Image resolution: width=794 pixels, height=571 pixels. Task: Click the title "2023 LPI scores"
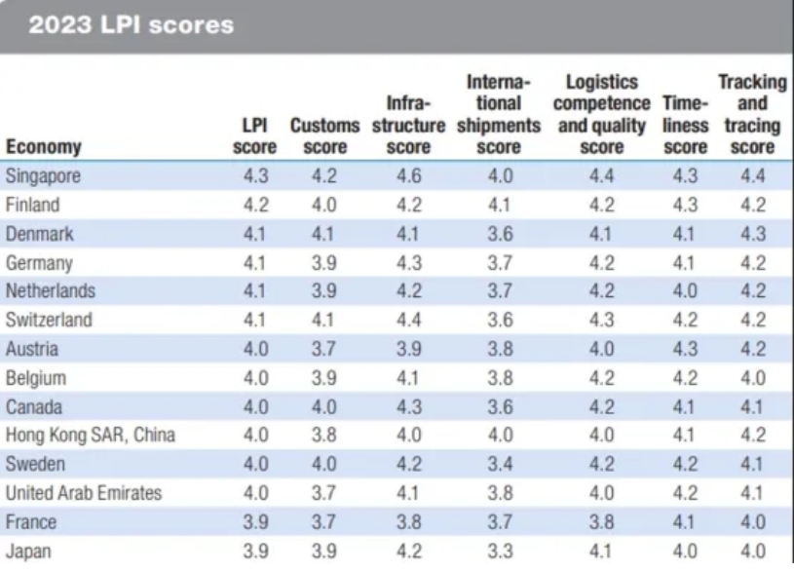point(132,25)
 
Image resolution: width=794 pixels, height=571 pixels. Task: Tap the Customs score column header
point(324,137)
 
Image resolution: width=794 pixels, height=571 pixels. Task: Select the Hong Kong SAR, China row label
point(90,436)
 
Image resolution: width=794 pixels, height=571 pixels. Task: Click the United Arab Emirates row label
point(83,493)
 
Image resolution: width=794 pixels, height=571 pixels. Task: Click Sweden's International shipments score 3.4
point(498,465)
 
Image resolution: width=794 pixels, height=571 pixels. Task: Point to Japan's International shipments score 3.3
point(498,551)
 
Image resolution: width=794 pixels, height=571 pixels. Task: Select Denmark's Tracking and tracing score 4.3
point(751,234)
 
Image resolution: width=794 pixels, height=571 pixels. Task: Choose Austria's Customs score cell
point(324,349)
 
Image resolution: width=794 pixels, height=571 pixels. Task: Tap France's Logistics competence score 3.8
point(601,522)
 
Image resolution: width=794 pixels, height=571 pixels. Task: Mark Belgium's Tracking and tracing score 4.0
point(751,378)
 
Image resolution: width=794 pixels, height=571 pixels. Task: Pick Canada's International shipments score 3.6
point(498,407)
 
